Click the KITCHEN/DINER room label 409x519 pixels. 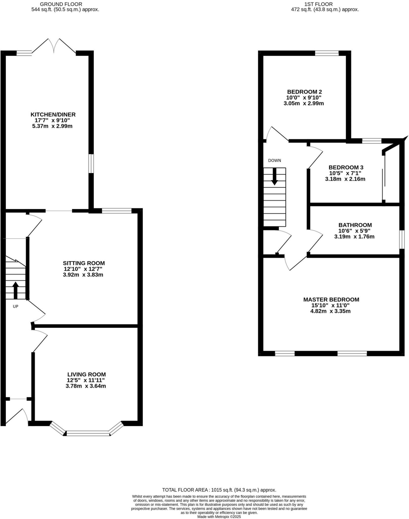(53, 115)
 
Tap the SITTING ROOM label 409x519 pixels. (84, 263)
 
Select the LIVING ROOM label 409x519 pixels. (86, 374)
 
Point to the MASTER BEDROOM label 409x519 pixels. (331, 300)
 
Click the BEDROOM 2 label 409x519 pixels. (304, 92)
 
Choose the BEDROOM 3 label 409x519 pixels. (346, 167)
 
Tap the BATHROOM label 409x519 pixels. (355, 225)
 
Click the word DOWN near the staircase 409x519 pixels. (274, 160)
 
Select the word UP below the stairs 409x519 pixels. (15, 306)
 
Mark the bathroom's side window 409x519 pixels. (402, 239)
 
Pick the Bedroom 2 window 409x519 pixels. (327, 53)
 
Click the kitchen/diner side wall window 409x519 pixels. (91, 163)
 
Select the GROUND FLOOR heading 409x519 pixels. (61, 4)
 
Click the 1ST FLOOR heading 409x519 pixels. (318, 4)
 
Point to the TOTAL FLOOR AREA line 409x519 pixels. (219, 490)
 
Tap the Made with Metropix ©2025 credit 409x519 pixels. (219, 517)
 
